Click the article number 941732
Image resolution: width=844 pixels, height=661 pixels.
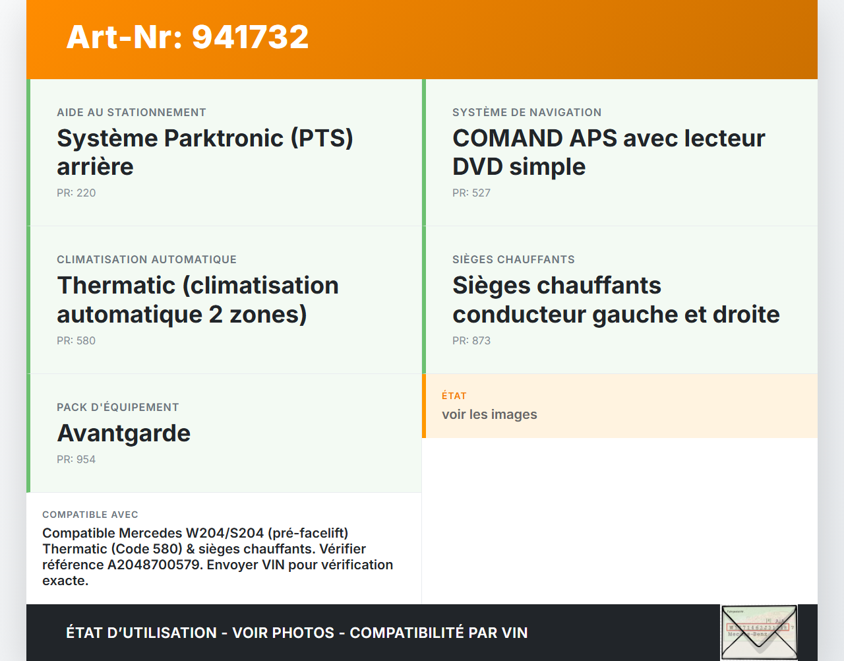pyautogui.click(x=251, y=37)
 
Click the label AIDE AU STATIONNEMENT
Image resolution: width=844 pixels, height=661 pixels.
pyautogui.click(x=131, y=113)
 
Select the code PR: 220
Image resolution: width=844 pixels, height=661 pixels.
pyautogui.click(x=76, y=193)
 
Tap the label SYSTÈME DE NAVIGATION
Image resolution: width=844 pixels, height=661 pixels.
pyautogui.click(x=527, y=113)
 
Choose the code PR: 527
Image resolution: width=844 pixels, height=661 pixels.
pyautogui.click(x=471, y=193)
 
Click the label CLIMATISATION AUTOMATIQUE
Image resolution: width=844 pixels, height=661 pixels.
pyautogui.click(x=146, y=260)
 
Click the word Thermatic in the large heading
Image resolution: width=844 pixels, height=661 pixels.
pyautogui.click(x=116, y=286)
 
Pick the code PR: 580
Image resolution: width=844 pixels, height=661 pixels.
pyautogui.click(x=76, y=341)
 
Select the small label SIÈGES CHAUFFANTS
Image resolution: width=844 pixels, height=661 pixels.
pyautogui.click(x=514, y=260)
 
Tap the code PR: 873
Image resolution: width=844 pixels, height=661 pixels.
pyautogui.click(x=471, y=341)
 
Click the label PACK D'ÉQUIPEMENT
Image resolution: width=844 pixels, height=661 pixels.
pyautogui.click(x=118, y=408)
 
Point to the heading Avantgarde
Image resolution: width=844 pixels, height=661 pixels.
pyautogui.click(x=124, y=433)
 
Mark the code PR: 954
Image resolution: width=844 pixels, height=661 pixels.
pyautogui.click(x=76, y=460)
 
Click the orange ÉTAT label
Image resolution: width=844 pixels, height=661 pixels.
pyautogui.click(x=454, y=396)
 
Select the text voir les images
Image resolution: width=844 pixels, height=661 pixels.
pyautogui.click(x=489, y=414)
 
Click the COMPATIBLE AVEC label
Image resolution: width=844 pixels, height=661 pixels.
pyautogui.click(x=90, y=515)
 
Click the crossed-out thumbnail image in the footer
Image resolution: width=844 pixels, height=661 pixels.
pyautogui.click(x=759, y=632)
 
